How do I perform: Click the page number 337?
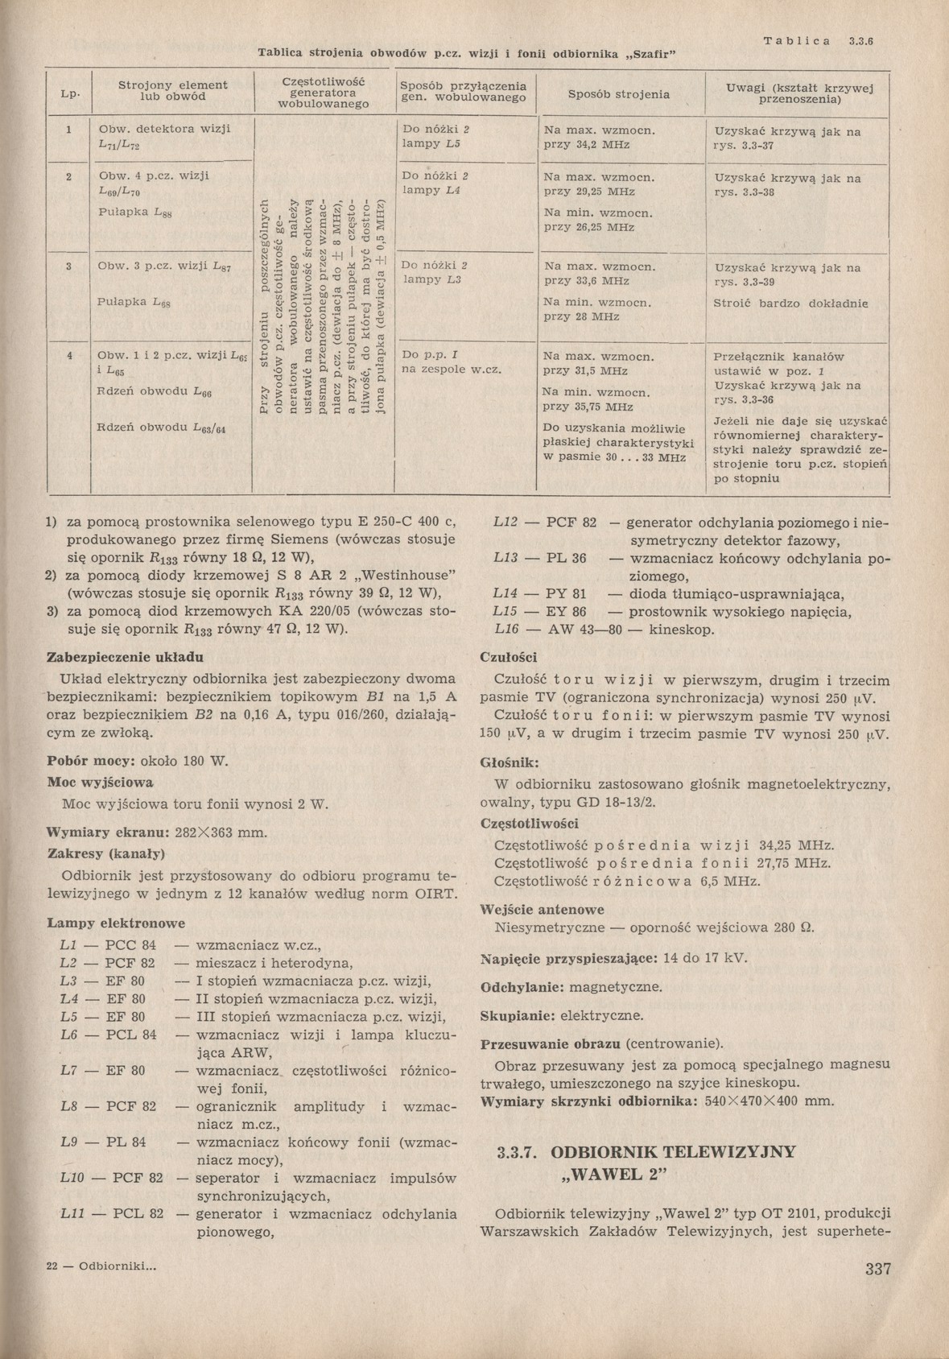tap(878, 1270)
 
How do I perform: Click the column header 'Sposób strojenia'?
tap(618, 94)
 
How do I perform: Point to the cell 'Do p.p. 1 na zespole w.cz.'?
tap(451, 362)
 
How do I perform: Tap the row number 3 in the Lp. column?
tap(70, 265)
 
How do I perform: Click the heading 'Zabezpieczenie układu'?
tap(126, 656)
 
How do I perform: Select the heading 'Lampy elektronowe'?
tap(116, 923)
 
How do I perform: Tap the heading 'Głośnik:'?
tap(510, 762)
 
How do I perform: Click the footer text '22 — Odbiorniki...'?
tap(101, 1265)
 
